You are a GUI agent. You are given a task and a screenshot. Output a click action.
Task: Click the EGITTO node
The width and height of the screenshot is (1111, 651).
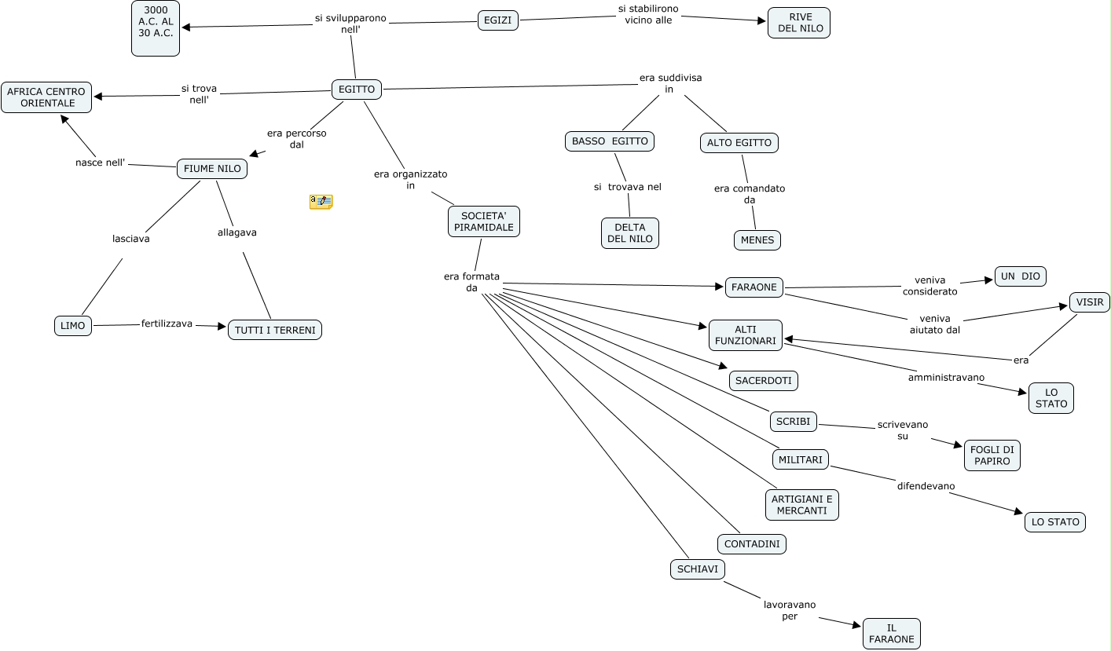pyautogui.click(x=357, y=90)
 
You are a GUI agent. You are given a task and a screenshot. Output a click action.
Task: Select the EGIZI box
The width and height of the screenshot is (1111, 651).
pyautogui.click(x=498, y=20)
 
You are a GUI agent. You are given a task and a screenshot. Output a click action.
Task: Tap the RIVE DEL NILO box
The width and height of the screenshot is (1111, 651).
pyautogui.click(x=799, y=23)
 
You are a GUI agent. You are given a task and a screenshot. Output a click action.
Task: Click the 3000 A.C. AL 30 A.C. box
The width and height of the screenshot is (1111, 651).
pyautogui.click(x=156, y=28)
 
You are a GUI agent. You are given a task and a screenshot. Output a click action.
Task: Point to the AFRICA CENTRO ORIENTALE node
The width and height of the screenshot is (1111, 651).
pyautogui.click(x=46, y=97)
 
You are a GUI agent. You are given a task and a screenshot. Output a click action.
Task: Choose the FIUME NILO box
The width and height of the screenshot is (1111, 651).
pyautogui.click(x=212, y=169)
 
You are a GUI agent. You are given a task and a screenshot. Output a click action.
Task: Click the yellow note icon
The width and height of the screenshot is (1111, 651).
pyautogui.click(x=321, y=202)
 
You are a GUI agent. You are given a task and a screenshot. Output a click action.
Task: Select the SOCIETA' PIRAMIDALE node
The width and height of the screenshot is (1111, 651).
pyautogui.click(x=484, y=221)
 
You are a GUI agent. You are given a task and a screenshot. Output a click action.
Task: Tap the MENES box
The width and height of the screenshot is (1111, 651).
pyautogui.click(x=757, y=240)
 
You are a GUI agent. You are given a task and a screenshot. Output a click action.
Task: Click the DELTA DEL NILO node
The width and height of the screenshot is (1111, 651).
pyautogui.click(x=630, y=233)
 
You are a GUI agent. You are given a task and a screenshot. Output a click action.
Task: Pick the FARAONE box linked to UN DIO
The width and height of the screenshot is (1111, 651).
pyautogui.click(x=754, y=287)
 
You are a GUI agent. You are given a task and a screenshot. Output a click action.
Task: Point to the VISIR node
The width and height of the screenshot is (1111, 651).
pyautogui.click(x=1090, y=302)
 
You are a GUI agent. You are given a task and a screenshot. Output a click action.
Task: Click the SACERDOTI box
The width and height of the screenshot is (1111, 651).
pyautogui.click(x=764, y=381)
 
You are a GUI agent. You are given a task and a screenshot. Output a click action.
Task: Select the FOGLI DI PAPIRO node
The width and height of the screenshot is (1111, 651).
pyautogui.click(x=992, y=455)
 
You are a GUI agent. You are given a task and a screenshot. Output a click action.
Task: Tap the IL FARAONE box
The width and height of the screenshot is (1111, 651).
pyautogui.click(x=892, y=634)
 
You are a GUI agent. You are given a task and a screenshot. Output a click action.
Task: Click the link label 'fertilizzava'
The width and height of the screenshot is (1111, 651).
pyautogui.click(x=167, y=324)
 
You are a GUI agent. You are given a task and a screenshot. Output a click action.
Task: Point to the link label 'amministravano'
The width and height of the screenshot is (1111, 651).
pyautogui.click(x=946, y=378)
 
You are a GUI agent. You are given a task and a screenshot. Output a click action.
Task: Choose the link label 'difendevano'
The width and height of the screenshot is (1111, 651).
pyautogui.click(x=926, y=486)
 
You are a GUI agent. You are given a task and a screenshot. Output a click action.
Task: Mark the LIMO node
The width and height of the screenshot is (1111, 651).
pyautogui.click(x=73, y=326)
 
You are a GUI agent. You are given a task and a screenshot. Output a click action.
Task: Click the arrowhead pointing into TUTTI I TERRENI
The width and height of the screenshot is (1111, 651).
pyautogui.click(x=222, y=326)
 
